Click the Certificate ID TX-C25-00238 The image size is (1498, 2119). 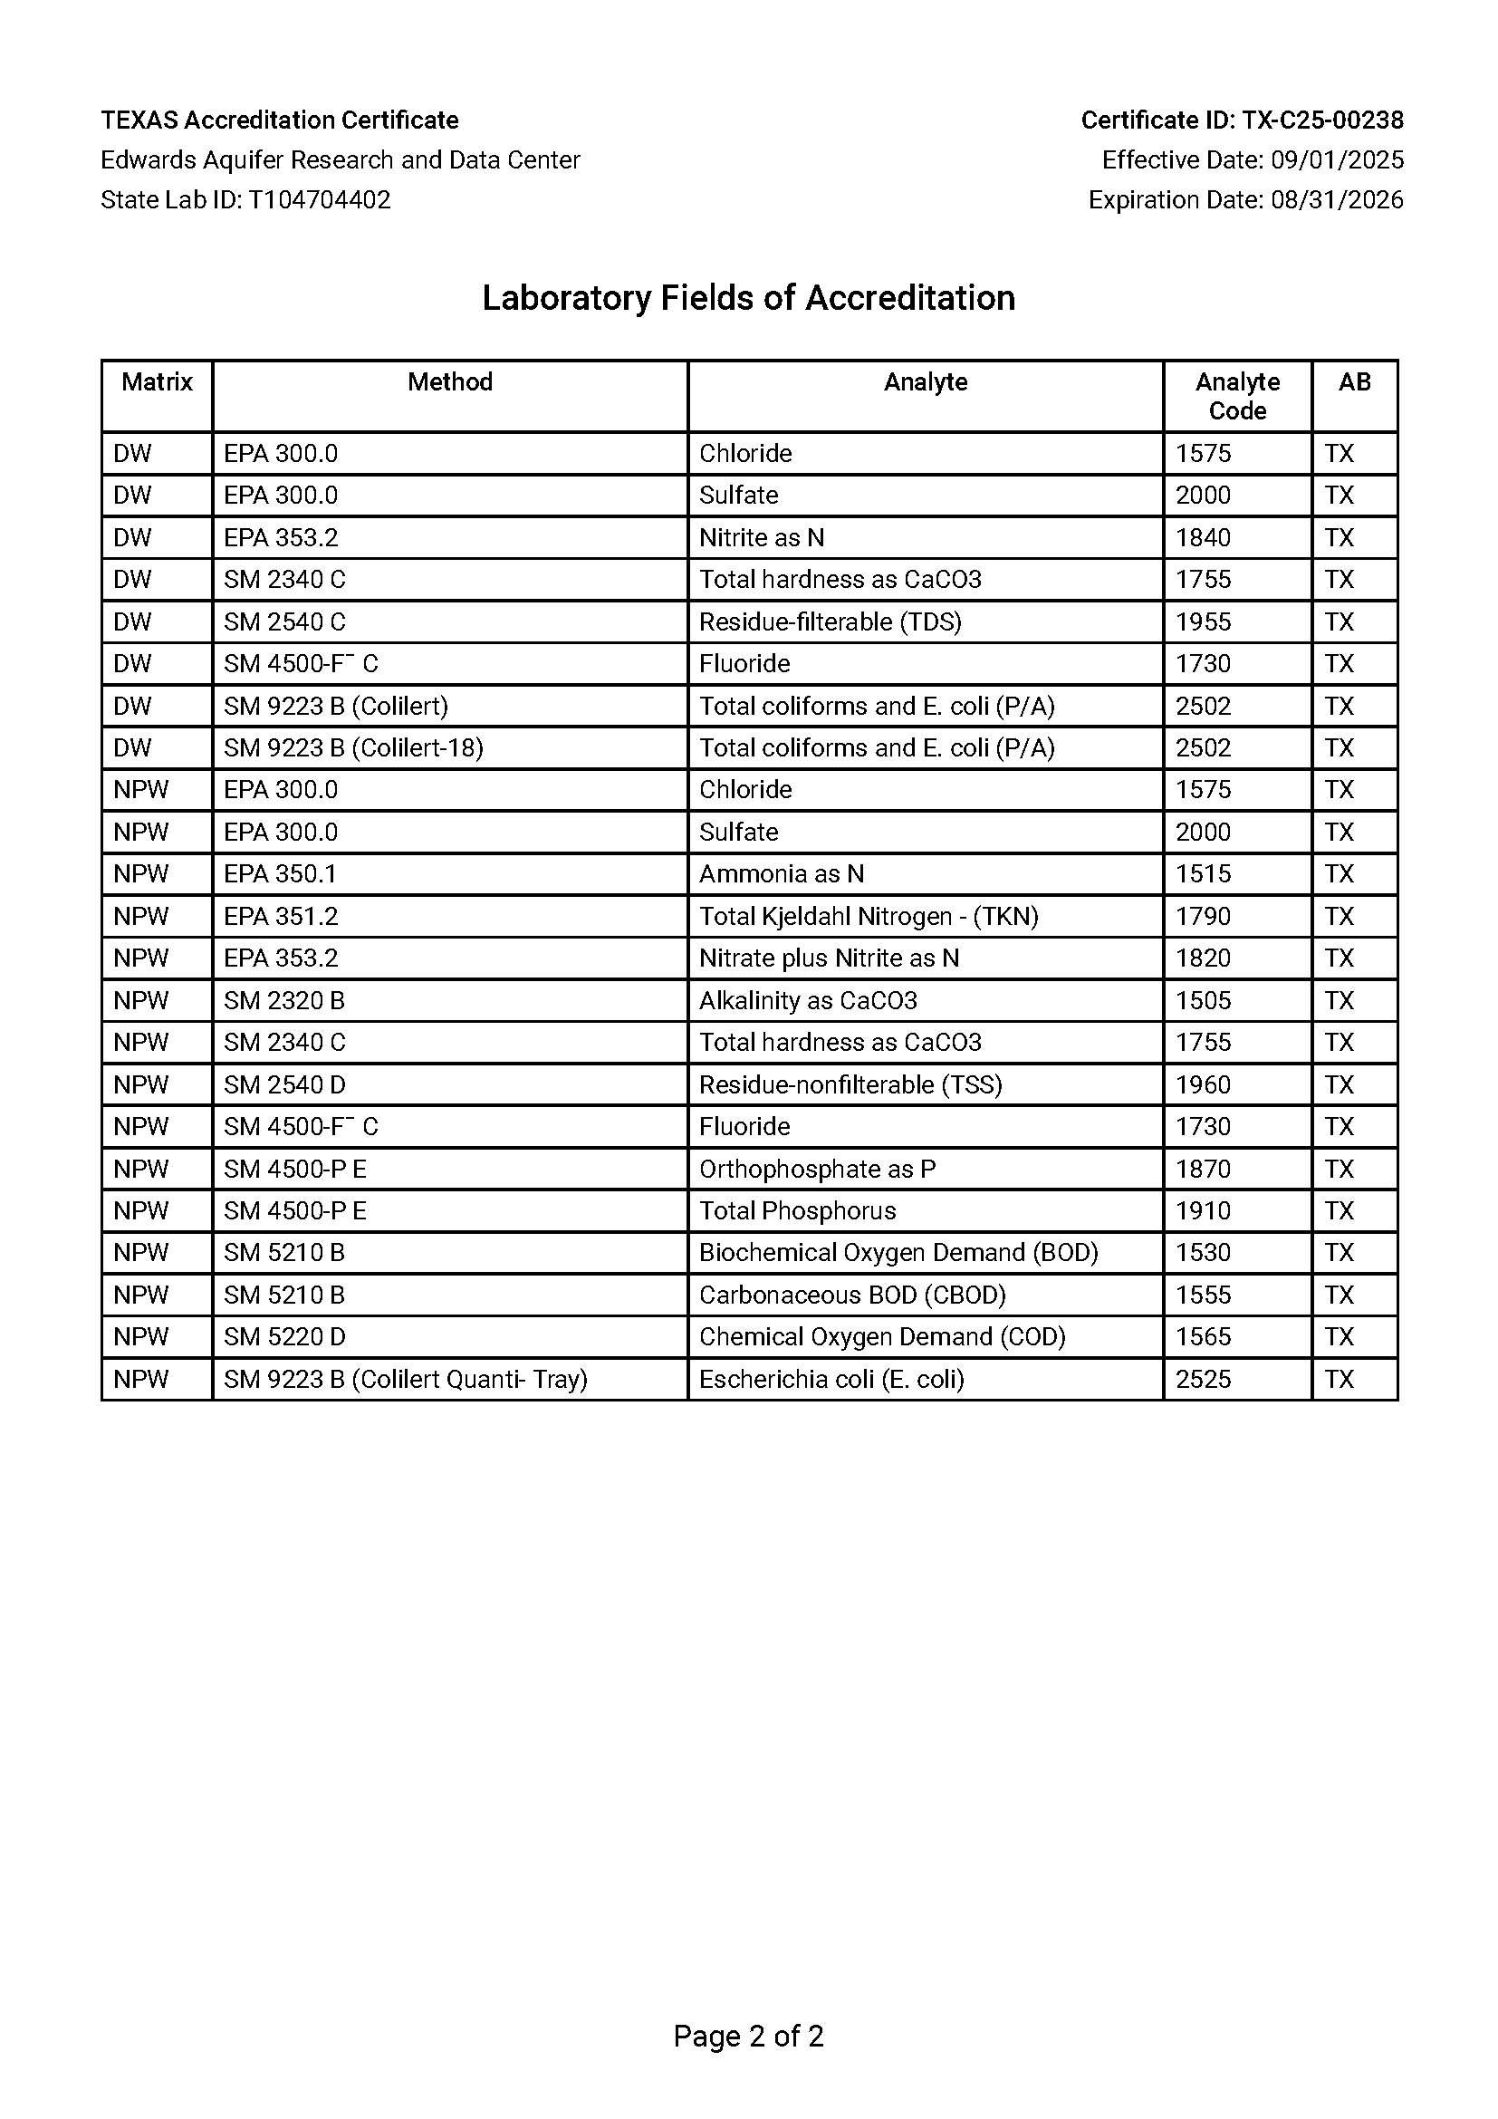pyautogui.click(x=1242, y=120)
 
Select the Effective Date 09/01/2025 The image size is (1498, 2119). pyautogui.click(x=1253, y=159)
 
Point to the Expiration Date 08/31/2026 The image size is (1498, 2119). pyautogui.click(x=1245, y=199)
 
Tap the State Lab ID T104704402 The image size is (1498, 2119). pyautogui.click(x=245, y=199)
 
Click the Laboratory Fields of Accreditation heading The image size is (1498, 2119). pyautogui.click(x=748, y=298)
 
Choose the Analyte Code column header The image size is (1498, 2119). pyautogui.click(x=1237, y=396)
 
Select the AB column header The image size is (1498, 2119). pyautogui.click(x=1354, y=382)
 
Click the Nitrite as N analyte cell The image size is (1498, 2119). pyautogui.click(x=762, y=537)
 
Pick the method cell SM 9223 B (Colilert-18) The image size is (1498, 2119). pyautogui.click(x=353, y=747)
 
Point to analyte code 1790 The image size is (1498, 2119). pyautogui.click(x=1203, y=916)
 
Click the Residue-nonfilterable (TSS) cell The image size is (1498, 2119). pyautogui.click(x=850, y=1084)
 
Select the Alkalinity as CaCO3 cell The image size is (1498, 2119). pyautogui.click(x=808, y=1000)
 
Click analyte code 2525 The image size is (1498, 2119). pyautogui.click(x=1203, y=1379)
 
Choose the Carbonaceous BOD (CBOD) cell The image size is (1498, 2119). pyautogui.click(x=852, y=1295)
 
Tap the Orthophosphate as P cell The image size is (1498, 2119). pyautogui.click(x=817, y=1169)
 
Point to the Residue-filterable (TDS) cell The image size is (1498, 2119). pyautogui.click(x=831, y=621)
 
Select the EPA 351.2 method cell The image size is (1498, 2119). pyautogui.click(x=282, y=916)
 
